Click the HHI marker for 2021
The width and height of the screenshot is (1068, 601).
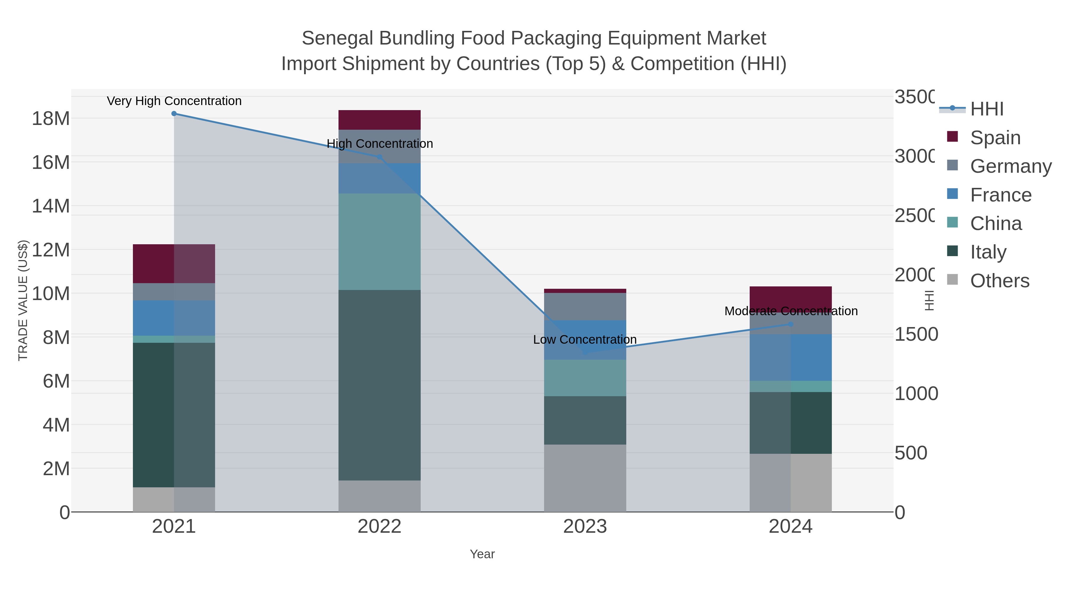(174, 114)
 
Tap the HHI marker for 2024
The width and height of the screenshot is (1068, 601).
(791, 324)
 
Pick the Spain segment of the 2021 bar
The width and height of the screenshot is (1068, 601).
(174, 264)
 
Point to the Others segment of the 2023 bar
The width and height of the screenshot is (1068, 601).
(585, 478)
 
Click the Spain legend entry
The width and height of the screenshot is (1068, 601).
(995, 137)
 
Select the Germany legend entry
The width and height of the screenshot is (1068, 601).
(1010, 166)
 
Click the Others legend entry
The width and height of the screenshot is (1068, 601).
(999, 281)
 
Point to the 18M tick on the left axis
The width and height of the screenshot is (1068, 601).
(50, 119)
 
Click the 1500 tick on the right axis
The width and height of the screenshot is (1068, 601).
(916, 334)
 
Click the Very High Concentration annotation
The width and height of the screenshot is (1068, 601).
(174, 101)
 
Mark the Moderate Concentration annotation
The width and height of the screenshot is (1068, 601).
(791, 311)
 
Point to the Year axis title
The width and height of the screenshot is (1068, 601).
(482, 554)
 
